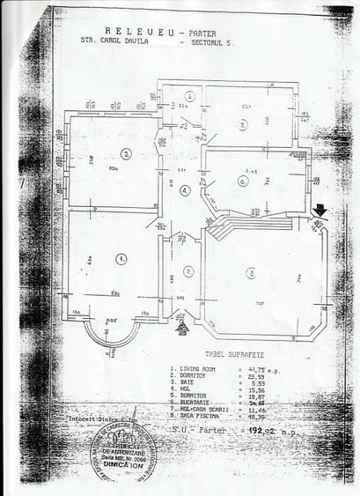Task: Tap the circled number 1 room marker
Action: click(120, 258)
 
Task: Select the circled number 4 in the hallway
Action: click(185, 190)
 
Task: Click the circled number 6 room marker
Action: click(242, 181)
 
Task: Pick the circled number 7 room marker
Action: click(187, 271)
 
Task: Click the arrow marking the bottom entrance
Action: click(182, 327)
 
